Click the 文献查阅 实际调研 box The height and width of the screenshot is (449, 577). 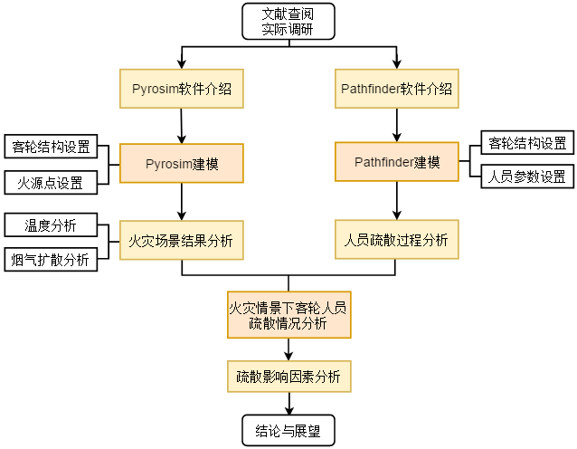click(288, 21)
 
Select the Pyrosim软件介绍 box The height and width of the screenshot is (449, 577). click(182, 89)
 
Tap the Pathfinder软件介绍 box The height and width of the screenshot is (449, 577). click(396, 89)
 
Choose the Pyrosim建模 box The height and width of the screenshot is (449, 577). click(182, 163)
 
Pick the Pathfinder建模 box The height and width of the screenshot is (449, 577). click(396, 162)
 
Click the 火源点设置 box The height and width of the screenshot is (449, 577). click(51, 183)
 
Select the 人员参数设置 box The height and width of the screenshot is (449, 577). click(527, 176)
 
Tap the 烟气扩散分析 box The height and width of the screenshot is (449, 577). click(51, 260)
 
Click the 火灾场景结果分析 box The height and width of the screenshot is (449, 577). click(182, 241)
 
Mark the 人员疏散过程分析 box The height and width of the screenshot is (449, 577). click(396, 241)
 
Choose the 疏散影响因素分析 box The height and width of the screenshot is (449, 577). click(288, 376)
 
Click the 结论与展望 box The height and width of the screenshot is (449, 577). click(288, 431)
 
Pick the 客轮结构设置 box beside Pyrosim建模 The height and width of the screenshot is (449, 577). click(51, 147)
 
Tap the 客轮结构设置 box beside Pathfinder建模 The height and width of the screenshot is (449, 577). click(527, 142)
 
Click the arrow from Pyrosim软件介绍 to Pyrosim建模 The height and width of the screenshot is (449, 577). click(182, 126)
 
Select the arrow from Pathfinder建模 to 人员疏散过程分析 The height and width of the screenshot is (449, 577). click(396, 200)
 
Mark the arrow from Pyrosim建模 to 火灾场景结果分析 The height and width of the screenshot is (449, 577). click(182, 201)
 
